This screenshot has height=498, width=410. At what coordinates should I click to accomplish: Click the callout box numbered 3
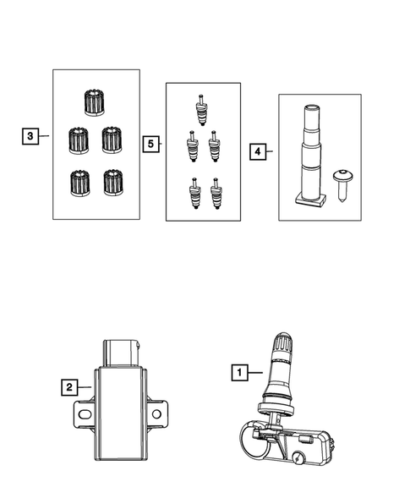coord(30,135)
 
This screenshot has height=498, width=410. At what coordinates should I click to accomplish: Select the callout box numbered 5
coord(150,145)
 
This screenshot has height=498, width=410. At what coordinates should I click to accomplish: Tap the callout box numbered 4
coord(257,152)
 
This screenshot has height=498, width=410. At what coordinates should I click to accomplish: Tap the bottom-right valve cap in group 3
coord(110,180)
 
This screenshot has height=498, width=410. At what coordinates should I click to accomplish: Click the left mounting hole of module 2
coord(84,413)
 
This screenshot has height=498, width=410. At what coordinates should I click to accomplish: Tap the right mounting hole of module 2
coord(156,413)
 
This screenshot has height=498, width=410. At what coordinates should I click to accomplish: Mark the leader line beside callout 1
coord(255,370)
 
